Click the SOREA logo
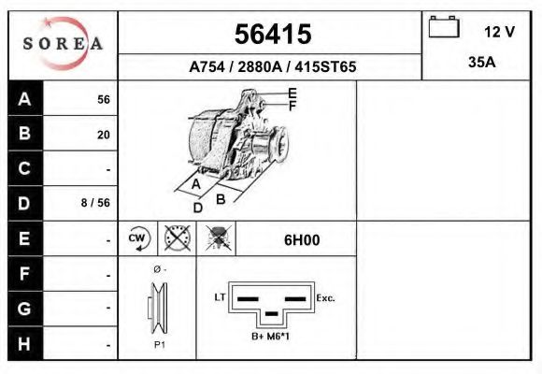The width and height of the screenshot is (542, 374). [63, 44]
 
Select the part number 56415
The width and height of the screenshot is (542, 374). [272, 35]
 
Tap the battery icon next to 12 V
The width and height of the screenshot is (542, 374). [443, 29]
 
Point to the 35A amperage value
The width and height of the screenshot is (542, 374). [480, 63]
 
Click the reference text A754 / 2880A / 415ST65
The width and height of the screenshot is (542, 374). [272, 67]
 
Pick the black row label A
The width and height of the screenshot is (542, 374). [25, 99]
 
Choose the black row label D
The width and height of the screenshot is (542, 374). [25, 203]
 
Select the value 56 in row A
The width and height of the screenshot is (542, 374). [103, 100]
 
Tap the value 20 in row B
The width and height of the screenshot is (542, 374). [103, 135]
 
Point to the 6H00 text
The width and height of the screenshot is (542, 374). [302, 239]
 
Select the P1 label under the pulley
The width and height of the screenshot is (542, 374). [159, 344]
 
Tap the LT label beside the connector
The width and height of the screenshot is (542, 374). [221, 297]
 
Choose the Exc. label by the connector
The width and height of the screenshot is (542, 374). [326, 298]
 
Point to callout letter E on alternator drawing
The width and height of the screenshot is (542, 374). [292, 93]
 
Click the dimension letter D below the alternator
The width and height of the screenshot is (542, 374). [197, 208]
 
